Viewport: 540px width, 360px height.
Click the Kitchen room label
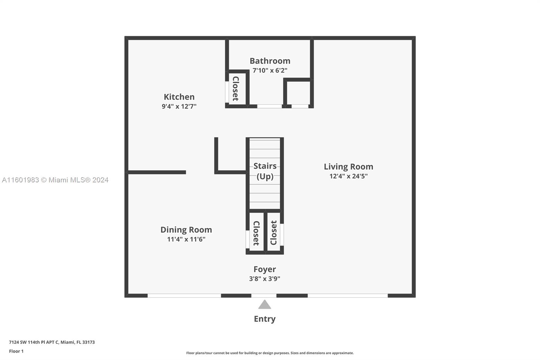coord(179,97)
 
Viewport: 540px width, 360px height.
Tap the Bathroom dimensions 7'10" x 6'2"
coord(270,71)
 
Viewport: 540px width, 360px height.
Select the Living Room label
coord(348,166)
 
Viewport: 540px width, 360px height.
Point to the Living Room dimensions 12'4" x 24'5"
coord(348,176)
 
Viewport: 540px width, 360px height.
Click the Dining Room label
coord(186,230)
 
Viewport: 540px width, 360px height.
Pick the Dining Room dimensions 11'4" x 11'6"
coord(186,239)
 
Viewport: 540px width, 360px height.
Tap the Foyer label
coord(265,269)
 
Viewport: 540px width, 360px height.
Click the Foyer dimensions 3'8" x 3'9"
coord(265,279)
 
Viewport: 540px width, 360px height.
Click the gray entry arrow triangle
coord(265,305)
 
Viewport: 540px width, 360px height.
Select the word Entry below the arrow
coord(265,319)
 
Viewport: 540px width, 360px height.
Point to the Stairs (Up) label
coord(265,171)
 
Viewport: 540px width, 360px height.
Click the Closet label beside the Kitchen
coord(236,88)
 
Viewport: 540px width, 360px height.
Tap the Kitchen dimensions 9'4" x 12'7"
coord(179,106)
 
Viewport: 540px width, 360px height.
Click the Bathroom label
coord(270,61)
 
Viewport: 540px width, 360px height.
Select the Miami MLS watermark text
coord(55,180)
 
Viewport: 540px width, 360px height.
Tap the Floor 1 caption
coord(16,351)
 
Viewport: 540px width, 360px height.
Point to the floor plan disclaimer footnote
coord(270,353)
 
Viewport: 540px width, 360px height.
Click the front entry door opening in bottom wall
coord(264,295)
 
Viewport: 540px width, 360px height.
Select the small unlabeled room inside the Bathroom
coord(298,93)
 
